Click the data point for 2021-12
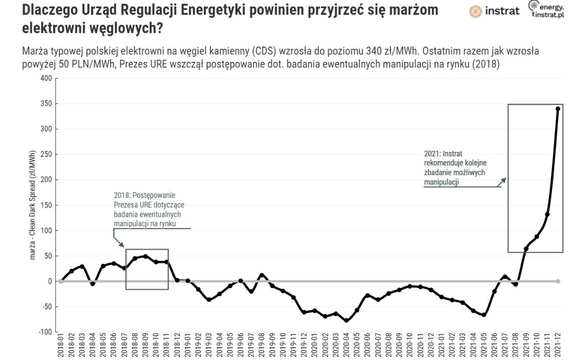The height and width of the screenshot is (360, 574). point(558,108)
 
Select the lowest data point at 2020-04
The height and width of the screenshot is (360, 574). point(347,321)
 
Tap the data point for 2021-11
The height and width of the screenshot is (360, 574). point(547,214)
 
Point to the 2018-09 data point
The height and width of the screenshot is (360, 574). point(146,256)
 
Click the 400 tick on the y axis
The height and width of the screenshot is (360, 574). point(47,78)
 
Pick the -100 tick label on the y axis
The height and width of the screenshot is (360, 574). point(45,332)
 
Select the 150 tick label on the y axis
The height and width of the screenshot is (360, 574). point(47,205)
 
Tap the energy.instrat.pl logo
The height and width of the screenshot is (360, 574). point(547,10)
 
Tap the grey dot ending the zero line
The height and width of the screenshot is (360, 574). point(558,281)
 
